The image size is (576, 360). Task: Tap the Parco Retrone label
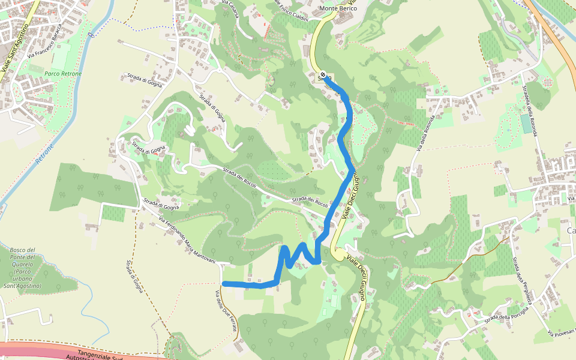63,74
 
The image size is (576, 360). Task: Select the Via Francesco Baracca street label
45,41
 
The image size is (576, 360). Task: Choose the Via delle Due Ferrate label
227,311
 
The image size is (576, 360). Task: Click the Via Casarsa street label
230,9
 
